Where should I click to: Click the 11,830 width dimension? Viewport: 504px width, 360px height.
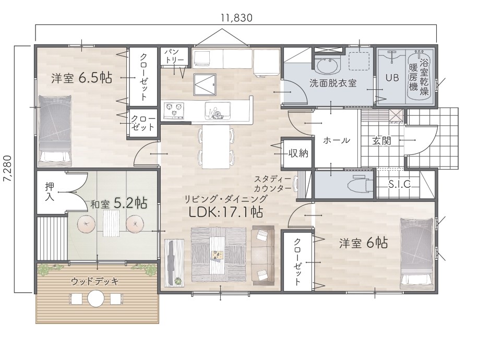click(x=236, y=18)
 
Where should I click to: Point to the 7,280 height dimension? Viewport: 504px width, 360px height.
click(x=7, y=169)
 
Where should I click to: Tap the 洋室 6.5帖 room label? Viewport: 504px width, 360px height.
click(x=81, y=78)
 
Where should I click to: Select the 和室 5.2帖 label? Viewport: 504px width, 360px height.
click(x=118, y=203)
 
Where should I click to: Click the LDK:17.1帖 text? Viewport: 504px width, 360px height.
click(x=225, y=212)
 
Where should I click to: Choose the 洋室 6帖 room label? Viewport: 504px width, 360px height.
click(x=363, y=243)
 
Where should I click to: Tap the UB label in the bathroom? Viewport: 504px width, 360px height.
click(x=392, y=77)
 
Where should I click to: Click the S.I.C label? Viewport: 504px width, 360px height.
click(x=400, y=184)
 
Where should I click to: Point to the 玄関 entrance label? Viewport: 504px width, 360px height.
click(x=382, y=141)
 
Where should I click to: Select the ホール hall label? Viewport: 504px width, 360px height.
click(x=336, y=140)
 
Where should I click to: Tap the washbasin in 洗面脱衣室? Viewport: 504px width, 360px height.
click(x=327, y=66)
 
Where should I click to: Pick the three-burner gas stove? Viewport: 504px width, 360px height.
click(x=174, y=110)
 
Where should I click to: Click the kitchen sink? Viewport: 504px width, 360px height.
click(x=218, y=110)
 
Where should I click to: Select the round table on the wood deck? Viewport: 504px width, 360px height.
click(x=96, y=298)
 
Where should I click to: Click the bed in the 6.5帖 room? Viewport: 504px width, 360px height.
click(x=55, y=128)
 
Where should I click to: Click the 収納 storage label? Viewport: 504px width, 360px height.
click(x=298, y=153)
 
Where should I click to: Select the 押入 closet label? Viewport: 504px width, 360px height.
click(x=50, y=191)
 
